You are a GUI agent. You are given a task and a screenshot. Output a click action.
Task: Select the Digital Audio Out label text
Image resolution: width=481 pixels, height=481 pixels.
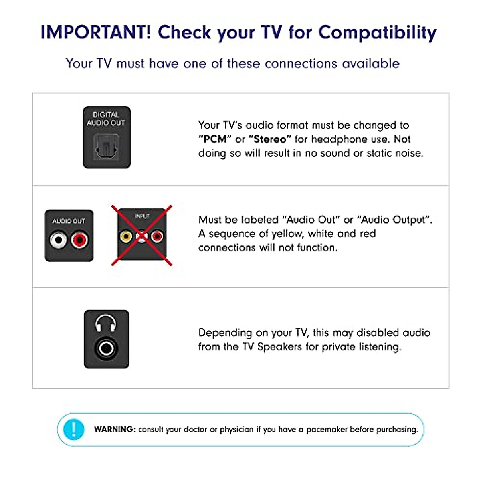106,119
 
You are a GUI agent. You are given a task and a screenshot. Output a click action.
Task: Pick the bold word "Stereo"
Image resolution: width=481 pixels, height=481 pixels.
270,139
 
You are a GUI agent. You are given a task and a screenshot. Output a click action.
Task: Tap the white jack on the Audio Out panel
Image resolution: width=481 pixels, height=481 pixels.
59,240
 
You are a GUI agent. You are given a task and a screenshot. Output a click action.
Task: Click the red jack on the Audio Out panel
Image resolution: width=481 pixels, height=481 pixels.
79,240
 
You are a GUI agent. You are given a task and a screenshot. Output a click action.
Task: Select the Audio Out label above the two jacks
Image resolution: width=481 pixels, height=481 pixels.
69,221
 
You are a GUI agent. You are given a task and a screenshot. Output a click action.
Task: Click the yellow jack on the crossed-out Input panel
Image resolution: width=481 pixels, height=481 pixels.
126,236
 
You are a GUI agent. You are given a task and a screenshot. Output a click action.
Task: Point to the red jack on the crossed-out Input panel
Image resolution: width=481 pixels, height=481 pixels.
157,236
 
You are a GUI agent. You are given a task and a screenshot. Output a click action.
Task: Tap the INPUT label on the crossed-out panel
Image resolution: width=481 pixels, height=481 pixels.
142,216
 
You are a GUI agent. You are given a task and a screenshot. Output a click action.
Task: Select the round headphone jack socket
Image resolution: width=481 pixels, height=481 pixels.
106,348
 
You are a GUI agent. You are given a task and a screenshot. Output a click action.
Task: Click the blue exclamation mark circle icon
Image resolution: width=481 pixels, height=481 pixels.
73,429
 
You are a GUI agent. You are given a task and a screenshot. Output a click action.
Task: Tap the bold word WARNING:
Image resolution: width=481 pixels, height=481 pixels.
115,429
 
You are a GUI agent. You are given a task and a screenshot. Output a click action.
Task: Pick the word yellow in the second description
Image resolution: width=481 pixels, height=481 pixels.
287,234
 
